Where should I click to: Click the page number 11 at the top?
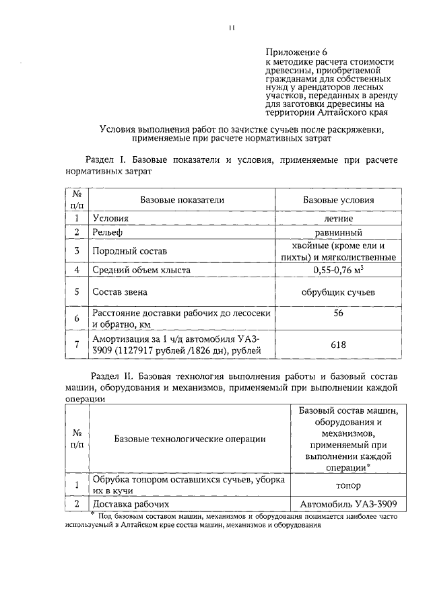(x=231, y=28)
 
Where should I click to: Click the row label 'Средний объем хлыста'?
(x=141, y=270)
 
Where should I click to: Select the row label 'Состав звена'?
(x=120, y=292)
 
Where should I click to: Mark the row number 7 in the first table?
(x=77, y=345)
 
